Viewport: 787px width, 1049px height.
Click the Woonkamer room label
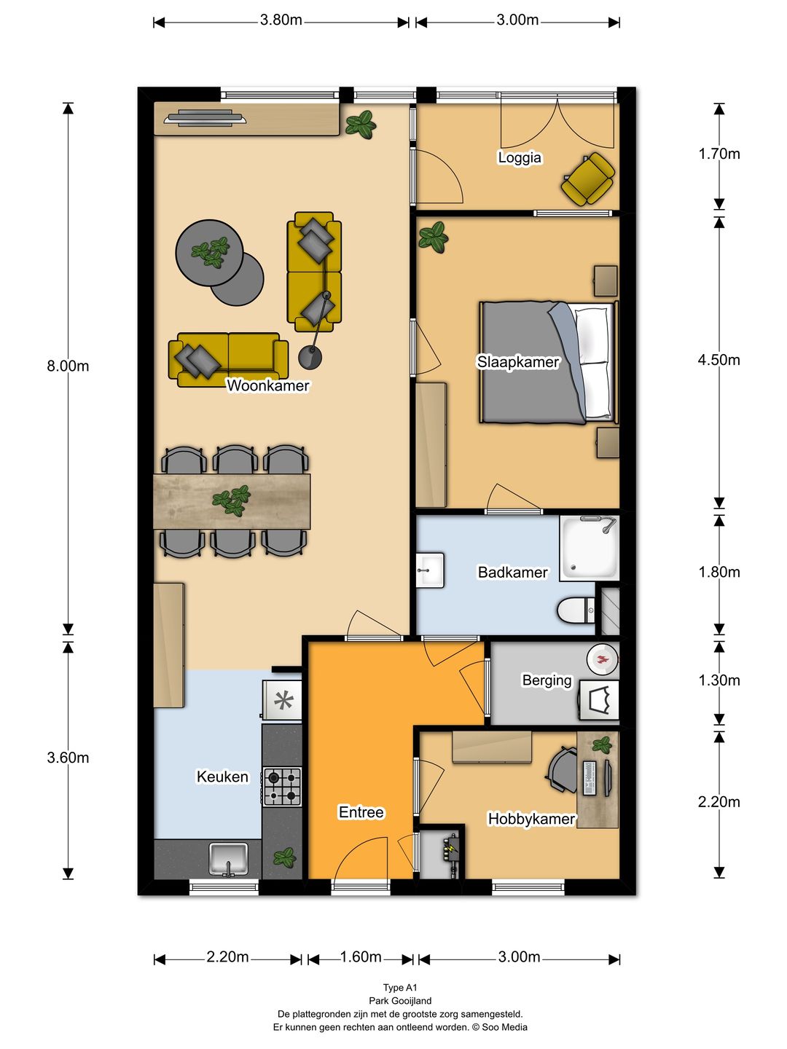pyautogui.click(x=267, y=385)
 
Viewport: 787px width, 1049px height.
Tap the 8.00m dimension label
pyautogui.click(x=68, y=366)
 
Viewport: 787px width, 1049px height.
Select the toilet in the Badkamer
pyautogui.click(x=576, y=610)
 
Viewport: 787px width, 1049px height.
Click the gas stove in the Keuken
pyautogui.click(x=283, y=786)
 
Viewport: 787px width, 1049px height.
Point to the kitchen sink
pyautogui.click(x=229, y=860)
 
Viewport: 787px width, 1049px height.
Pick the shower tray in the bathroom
pyautogui.click(x=590, y=548)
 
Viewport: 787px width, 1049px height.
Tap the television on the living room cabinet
pyautogui.click(x=205, y=118)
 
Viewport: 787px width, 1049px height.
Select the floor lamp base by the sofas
pyautogui.click(x=310, y=358)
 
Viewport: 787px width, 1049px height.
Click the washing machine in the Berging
pyautogui.click(x=599, y=700)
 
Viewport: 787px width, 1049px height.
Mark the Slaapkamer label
pyautogui.click(x=518, y=362)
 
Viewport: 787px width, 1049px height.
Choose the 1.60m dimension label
pyautogui.click(x=361, y=956)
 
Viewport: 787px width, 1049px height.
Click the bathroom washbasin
pyautogui.click(x=430, y=570)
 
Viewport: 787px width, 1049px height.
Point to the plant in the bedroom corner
pyautogui.click(x=434, y=237)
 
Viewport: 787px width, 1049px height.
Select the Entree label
pyautogui.click(x=361, y=812)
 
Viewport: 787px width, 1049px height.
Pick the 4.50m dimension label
pyautogui.click(x=719, y=360)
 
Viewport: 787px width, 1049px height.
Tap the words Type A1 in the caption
pyautogui.click(x=400, y=987)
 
